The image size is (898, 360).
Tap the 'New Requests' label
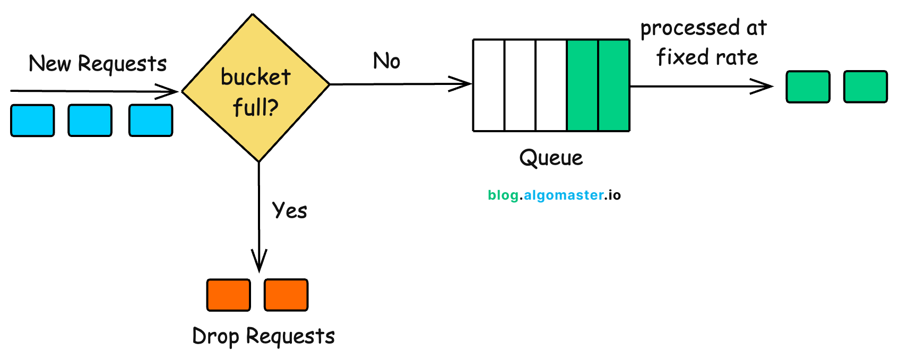98,64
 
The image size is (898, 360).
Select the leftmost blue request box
32,121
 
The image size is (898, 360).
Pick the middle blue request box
90,121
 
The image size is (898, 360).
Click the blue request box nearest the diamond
151,121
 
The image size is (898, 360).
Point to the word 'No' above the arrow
386,61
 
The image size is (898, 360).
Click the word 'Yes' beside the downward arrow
290,210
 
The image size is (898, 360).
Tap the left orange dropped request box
228,295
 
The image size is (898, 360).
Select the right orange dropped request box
286,295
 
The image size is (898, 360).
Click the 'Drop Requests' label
263,337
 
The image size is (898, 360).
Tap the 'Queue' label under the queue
551,158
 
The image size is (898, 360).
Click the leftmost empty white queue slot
489,85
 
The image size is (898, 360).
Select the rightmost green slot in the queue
614,85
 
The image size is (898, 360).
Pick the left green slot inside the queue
583,85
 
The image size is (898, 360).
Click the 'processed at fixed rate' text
704,42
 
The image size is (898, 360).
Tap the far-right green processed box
866,87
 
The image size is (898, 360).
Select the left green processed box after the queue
808,87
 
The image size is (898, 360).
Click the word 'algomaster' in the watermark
564,195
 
